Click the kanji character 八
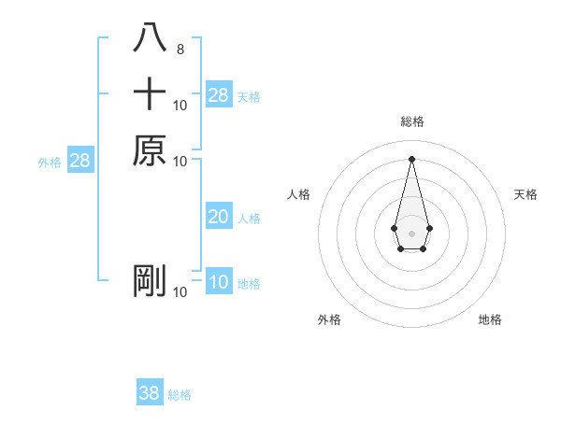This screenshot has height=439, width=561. [x=150, y=37]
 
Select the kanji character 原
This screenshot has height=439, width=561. [x=150, y=150]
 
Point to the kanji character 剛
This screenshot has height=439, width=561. [x=150, y=281]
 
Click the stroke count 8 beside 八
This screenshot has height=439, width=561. [x=180, y=49]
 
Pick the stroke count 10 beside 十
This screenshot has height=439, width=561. [x=180, y=105]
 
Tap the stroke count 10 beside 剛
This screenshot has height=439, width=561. [x=180, y=292]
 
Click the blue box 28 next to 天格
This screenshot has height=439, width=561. [x=219, y=95]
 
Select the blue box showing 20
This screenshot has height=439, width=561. [x=219, y=217]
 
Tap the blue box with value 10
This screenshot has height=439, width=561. [x=219, y=282]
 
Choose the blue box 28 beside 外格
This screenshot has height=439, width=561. [x=80, y=161]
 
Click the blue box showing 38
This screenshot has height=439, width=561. [x=150, y=393]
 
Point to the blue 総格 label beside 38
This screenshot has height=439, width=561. [x=180, y=395]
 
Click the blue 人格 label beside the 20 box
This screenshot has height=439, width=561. [x=249, y=219]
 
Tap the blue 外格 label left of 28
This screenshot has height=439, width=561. [x=50, y=163]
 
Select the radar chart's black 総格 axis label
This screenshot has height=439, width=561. [x=411, y=122]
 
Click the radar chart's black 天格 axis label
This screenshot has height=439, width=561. [x=526, y=194]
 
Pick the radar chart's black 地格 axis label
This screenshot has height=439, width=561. [x=490, y=319]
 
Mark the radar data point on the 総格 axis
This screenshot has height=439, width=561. [x=411, y=158]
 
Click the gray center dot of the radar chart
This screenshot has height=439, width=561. [x=411, y=232]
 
